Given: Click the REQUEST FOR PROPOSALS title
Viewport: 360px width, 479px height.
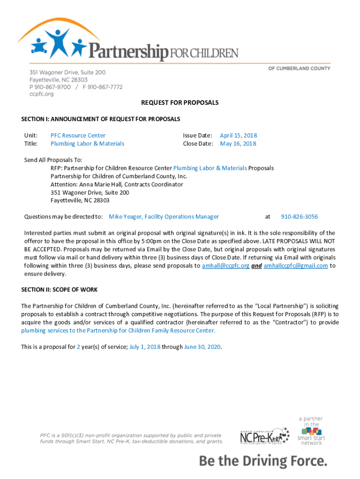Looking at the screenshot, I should coord(180,102).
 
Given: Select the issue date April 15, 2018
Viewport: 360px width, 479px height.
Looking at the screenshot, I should coord(238,136).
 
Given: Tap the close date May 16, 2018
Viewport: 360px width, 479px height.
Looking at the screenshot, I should coord(238,144).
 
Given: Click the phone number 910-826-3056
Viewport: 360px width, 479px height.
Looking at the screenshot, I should coord(299,217).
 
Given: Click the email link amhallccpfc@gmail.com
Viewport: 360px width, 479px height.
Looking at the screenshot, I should coord(295,266).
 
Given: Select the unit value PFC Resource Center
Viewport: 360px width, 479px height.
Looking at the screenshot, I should coord(78,136).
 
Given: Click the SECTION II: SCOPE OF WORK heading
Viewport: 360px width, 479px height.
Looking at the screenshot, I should coord(59,290).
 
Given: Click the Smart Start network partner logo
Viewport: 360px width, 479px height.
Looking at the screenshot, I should coord(311,430).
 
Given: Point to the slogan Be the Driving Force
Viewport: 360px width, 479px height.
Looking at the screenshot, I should coord(263,461).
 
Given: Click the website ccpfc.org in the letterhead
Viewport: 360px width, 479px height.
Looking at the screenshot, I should coord(42,94).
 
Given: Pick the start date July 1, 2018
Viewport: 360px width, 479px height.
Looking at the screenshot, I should coord(145,347).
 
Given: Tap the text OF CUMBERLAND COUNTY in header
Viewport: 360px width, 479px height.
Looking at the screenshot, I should coord(299,68).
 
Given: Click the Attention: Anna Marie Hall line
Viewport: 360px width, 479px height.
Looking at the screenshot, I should coord(117,184).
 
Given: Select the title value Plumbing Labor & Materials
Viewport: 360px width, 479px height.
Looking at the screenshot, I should coord(87,144).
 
